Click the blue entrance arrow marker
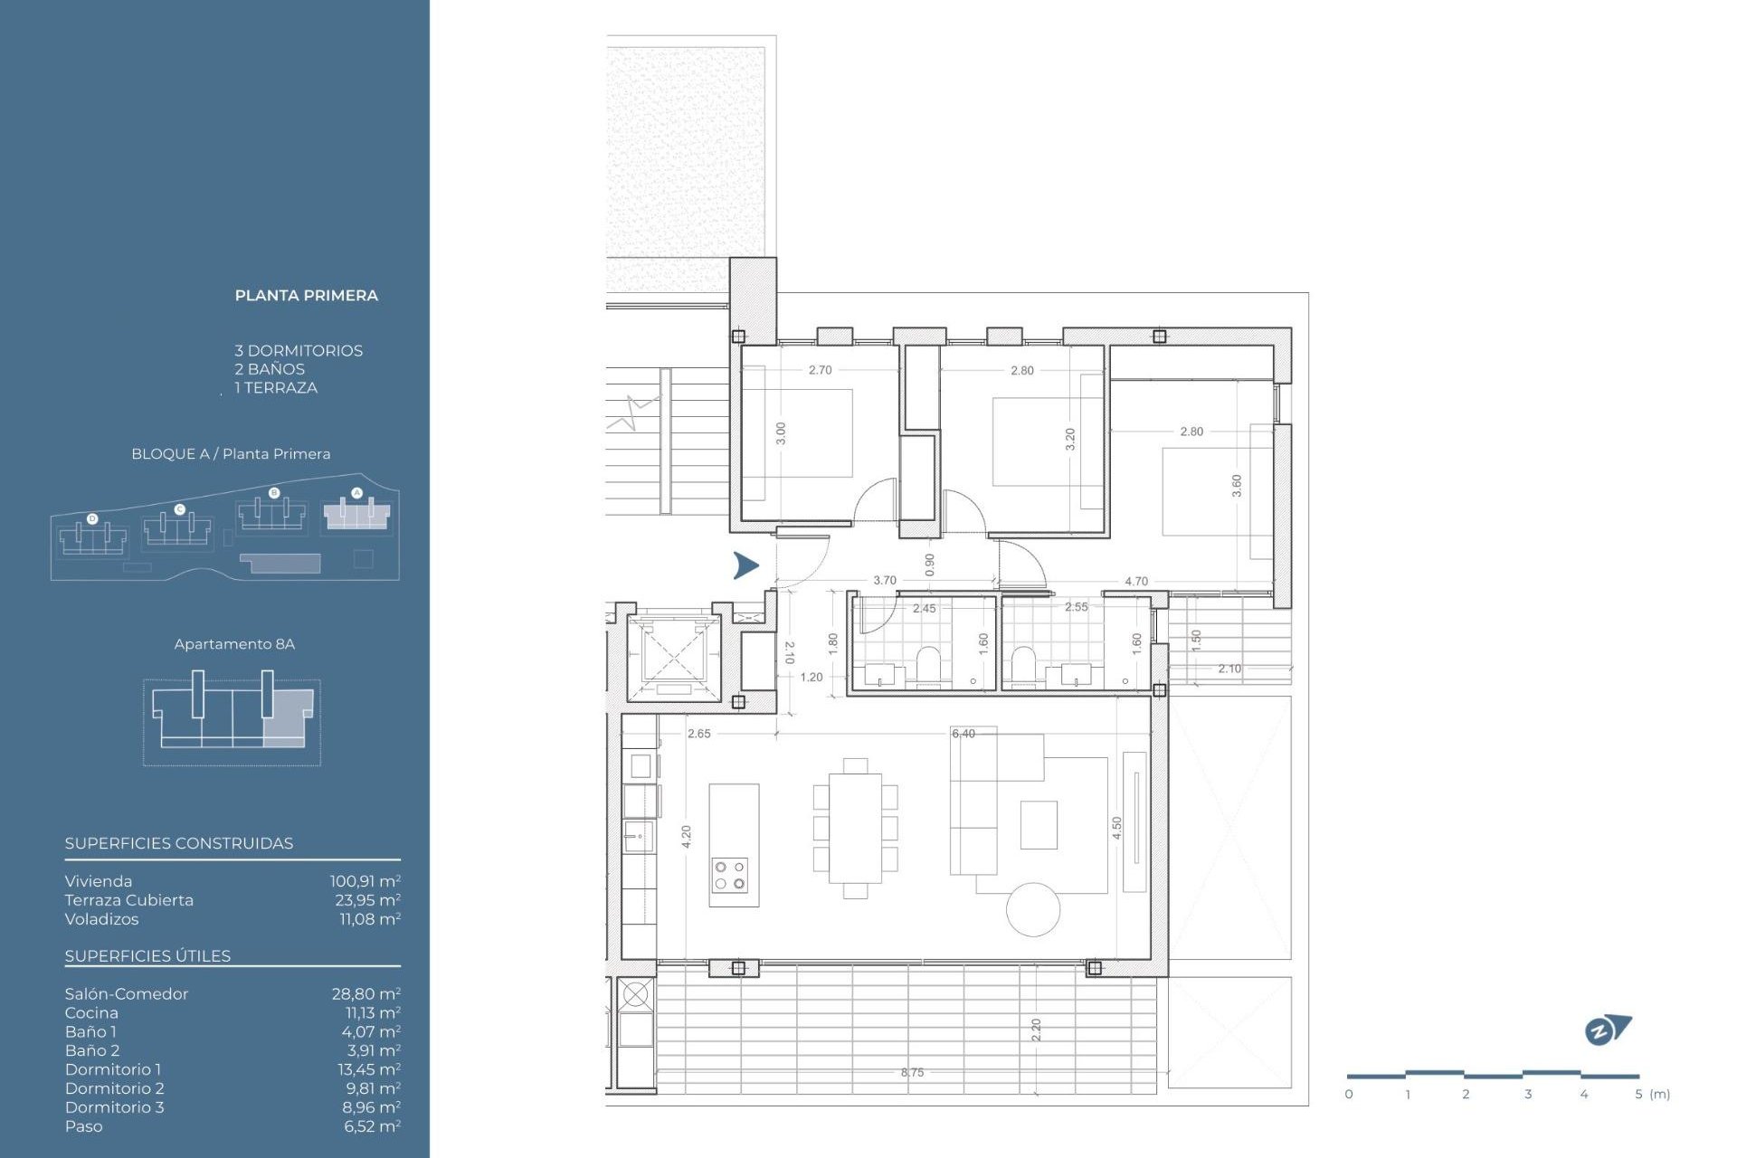click(x=745, y=565)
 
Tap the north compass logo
click(x=1607, y=1030)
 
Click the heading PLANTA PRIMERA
click(x=306, y=295)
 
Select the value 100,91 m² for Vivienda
click(x=365, y=880)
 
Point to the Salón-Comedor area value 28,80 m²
click(x=365, y=993)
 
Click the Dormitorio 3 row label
click(x=114, y=1106)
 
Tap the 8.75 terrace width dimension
click(x=912, y=1072)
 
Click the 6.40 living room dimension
click(x=963, y=734)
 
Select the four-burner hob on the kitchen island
click(x=730, y=875)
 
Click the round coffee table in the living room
click(x=1033, y=909)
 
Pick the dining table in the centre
click(x=855, y=828)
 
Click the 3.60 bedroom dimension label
click(x=1237, y=486)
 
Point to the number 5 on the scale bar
click(x=1638, y=1095)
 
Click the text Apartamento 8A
click(x=234, y=644)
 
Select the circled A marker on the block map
click(x=356, y=493)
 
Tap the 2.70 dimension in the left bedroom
click(x=820, y=370)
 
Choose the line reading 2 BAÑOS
click(x=270, y=369)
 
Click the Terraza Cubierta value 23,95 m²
click(x=367, y=899)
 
